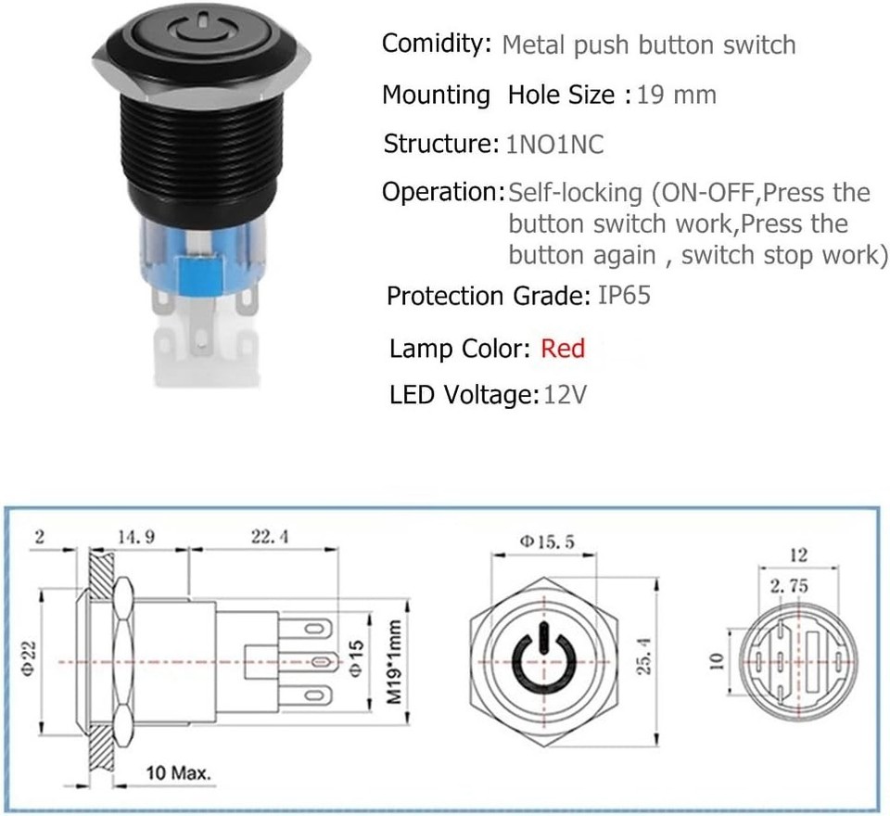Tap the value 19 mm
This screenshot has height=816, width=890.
[677, 95]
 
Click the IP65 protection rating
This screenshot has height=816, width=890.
[624, 296]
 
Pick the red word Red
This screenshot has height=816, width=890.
[563, 349]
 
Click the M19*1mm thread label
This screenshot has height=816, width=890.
[396, 663]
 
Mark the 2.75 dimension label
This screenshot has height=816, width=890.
[790, 586]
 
